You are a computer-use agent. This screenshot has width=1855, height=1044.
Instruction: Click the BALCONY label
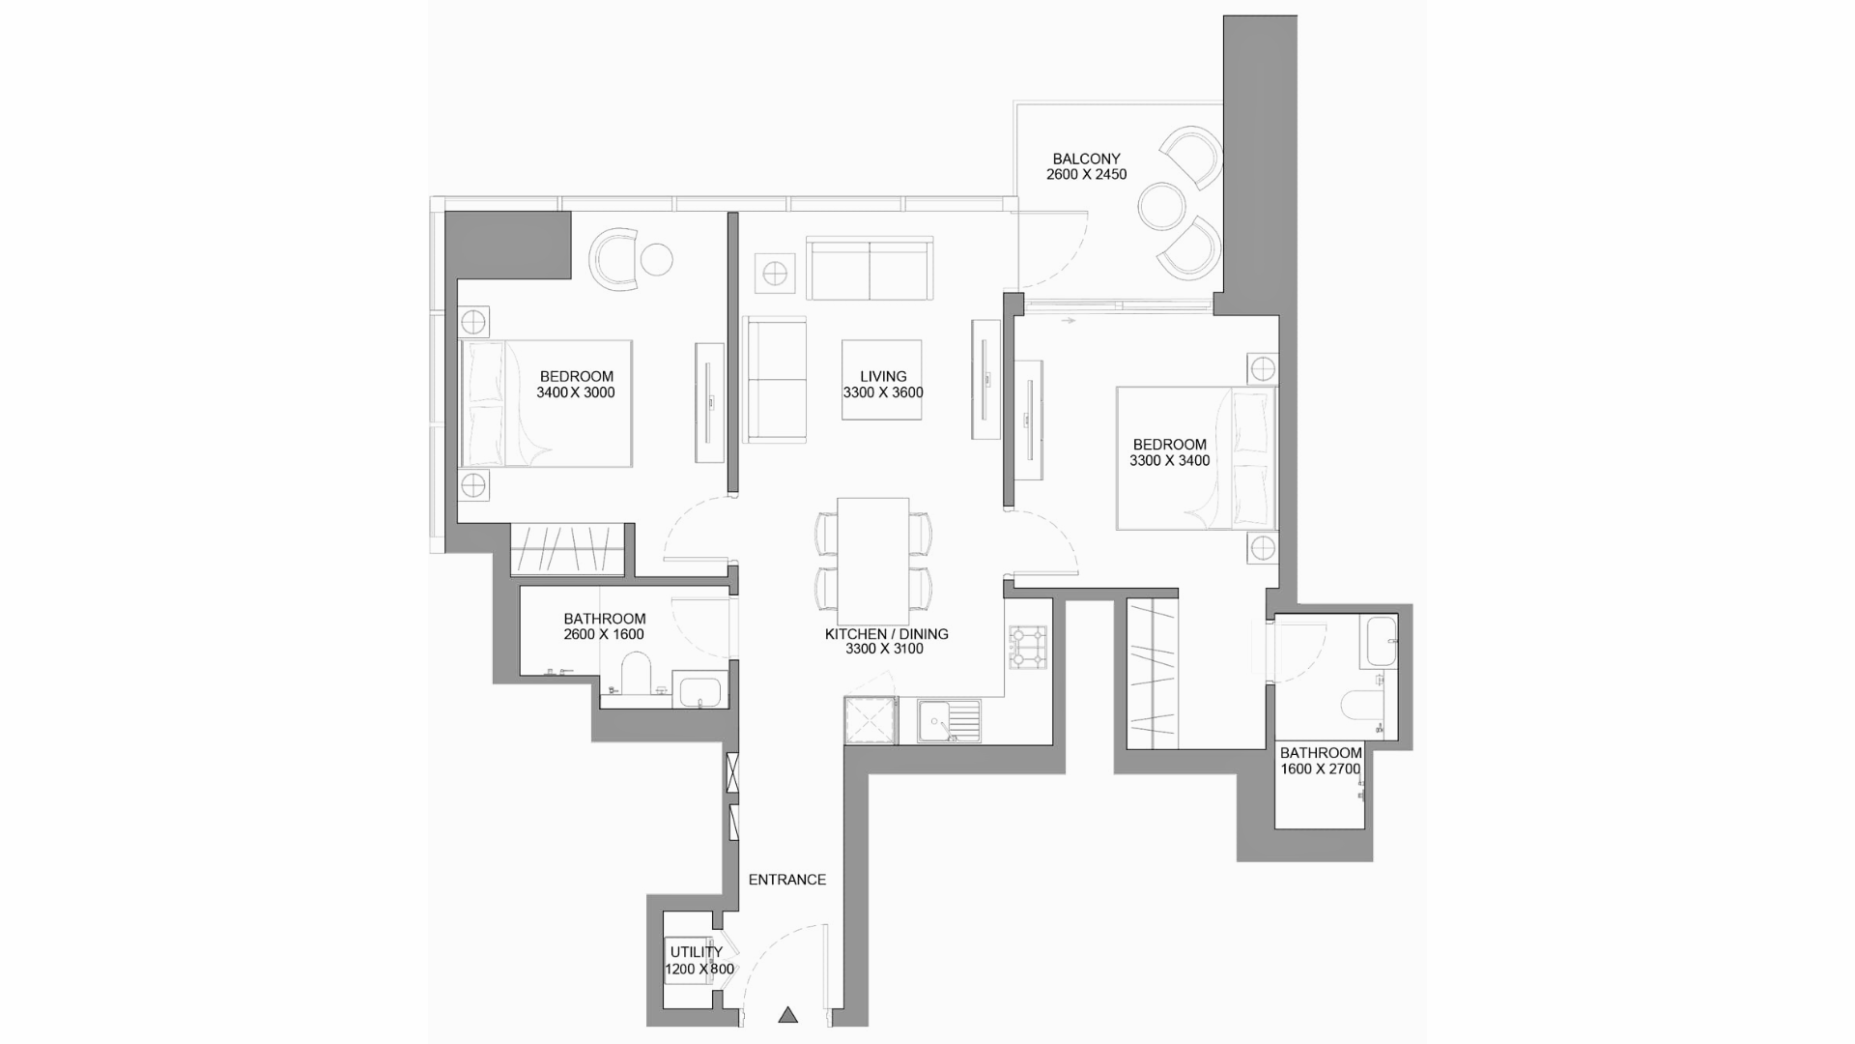tap(1086, 159)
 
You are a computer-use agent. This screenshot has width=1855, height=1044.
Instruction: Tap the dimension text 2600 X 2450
tap(1086, 175)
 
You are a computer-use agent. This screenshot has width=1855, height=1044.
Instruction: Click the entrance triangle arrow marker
tap(788, 1015)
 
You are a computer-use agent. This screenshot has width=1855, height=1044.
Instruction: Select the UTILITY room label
tap(696, 952)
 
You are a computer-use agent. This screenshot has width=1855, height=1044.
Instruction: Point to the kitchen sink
tap(949, 721)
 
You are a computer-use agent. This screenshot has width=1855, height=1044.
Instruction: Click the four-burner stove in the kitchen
tap(1028, 648)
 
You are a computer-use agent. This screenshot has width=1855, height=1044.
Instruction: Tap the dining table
tap(873, 561)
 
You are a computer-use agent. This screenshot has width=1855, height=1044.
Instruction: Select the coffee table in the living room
tap(881, 380)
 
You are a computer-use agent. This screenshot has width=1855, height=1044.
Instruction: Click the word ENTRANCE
tap(787, 880)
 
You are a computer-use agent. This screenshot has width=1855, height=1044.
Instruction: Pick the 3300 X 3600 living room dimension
tap(883, 392)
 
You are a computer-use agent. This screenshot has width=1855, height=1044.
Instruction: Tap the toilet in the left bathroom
tap(636, 673)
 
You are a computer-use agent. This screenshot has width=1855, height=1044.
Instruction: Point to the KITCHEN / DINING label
tap(886, 634)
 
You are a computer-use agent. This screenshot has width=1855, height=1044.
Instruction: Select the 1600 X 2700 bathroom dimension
tap(1321, 769)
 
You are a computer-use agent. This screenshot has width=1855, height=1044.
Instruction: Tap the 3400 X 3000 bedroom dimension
tap(576, 392)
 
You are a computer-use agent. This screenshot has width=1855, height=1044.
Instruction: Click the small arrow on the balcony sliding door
tap(1068, 320)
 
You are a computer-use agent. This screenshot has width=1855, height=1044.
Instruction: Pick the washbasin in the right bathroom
tap(1381, 641)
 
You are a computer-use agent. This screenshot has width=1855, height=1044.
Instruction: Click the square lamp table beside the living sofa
tap(775, 274)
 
